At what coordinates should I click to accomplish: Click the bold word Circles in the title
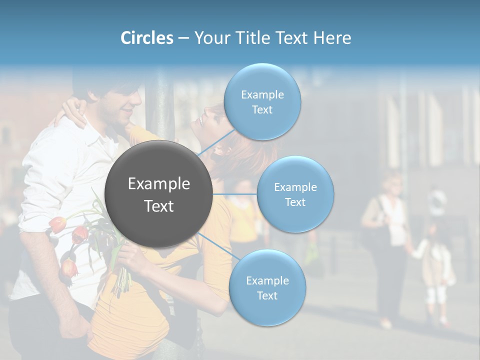[146, 38]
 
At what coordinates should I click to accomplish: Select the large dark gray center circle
[158, 194]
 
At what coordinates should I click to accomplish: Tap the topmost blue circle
[262, 101]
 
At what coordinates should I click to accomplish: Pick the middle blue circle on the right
[295, 194]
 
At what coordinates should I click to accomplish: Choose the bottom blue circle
[267, 287]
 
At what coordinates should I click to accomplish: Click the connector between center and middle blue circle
[234, 194]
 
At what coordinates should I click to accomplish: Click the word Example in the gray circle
[158, 184]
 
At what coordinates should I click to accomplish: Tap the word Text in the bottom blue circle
[267, 295]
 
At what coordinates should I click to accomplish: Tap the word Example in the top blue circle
[262, 94]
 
